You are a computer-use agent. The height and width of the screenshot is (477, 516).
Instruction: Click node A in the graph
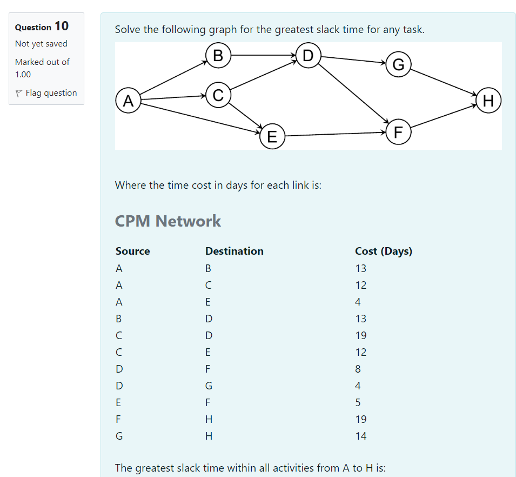click(x=128, y=101)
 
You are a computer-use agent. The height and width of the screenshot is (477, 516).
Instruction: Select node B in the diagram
click(x=218, y=55)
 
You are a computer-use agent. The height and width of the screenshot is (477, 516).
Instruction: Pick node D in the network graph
click(x=308, y=55)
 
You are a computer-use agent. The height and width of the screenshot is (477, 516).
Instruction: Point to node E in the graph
click(x=272, y=136)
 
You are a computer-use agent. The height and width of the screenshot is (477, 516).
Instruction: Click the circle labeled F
click(x=399, y=132)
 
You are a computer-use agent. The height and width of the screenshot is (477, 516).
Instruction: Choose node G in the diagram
click(x=399, y=65)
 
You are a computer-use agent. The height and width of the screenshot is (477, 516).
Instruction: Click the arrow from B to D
click(x=263, y=55)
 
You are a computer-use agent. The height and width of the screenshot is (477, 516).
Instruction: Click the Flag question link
click(x=51, y=93)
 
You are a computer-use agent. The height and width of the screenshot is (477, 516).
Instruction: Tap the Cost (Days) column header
click(x=383, y=251)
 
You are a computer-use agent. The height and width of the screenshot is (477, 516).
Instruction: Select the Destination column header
click(x=234, y=251)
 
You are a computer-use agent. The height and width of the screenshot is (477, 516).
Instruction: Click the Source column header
click(x=132, y=251)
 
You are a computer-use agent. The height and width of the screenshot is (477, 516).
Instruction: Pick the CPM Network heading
click(x=167, y=221)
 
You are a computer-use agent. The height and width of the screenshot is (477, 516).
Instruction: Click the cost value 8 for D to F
click(x=358, y=369)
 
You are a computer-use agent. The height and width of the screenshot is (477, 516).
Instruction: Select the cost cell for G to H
click(x=360, y=436)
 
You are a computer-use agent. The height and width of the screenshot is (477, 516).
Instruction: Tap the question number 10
click(x=62, y=26)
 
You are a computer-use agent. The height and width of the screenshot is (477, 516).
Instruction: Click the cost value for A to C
click(x=360, y=285)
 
